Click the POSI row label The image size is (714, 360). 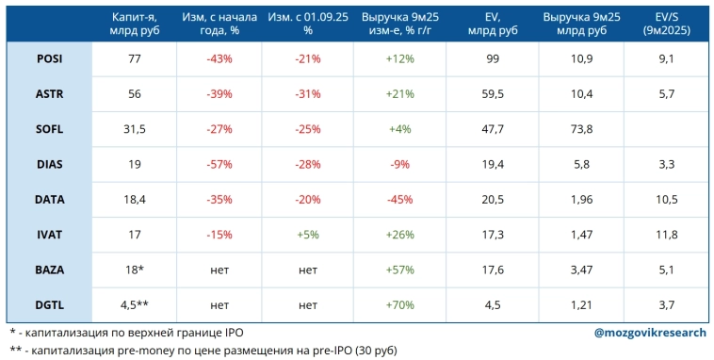click(50, 58)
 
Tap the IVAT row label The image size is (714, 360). click(50, 234)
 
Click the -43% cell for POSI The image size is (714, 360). click(219, 58)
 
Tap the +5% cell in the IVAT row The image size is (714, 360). click(307, 234)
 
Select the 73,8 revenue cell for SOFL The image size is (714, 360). click(580, 128)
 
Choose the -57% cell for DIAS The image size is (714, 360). click(219, 163)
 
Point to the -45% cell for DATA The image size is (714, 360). click(398, 198)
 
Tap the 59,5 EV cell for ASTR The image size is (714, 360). click(491, 93)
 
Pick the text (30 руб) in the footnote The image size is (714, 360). click(368, 351)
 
